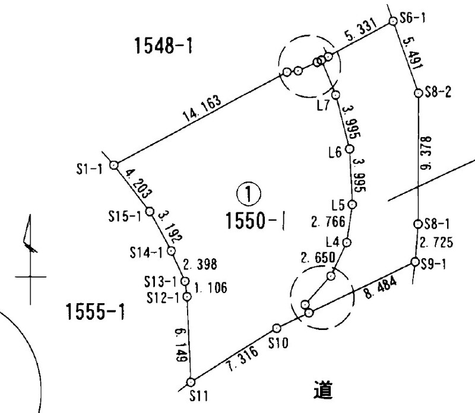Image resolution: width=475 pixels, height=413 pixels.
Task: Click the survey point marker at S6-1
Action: coord(392,21)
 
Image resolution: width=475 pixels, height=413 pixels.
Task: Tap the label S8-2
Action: coord(440,93)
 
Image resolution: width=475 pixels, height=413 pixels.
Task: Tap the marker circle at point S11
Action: coord(191,383)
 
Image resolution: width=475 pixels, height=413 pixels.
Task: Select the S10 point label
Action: coord(278,343)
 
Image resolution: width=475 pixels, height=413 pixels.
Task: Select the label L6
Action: coord(335,152)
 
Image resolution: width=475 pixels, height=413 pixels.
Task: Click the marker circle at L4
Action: coord(348,243)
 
